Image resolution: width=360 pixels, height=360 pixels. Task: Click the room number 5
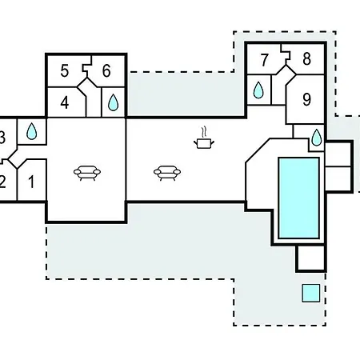(x=65, y=71)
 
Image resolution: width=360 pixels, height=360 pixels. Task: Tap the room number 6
(x=106, y=71)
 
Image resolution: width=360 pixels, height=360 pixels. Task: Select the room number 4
(x=65, y=102)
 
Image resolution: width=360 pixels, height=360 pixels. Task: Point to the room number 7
(x=264, y=60)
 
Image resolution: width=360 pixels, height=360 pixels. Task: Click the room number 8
(x=306, y=59)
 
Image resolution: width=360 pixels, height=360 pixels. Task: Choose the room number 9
(x=306, y=99)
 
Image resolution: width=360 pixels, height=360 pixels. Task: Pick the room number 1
(x=31, y=182)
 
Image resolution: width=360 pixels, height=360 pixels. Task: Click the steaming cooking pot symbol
(x=204, y=138)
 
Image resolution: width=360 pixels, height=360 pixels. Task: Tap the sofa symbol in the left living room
(x=87, y=173)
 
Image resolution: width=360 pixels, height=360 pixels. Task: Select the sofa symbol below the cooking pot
(x=167, y=173)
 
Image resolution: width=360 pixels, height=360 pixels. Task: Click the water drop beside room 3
(x=32, y=131)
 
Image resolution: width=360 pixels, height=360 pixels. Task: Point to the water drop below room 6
(x=113, y=102)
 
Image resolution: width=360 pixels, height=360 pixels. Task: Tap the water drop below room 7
(x=258, y=90)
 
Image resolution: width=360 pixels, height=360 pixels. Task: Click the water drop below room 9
(x=317, y=138)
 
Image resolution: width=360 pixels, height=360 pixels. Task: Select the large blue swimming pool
(x=298, y=198)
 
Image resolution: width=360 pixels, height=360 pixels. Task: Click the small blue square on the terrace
(x=311, y=293)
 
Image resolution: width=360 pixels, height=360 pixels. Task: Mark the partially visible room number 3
(x=2, y=138)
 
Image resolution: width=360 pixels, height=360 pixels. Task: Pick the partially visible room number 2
(x=2, y=182)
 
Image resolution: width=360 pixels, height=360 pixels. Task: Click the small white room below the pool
(x=310, y=258)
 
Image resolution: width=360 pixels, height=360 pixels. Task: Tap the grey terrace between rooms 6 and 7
(x=186, y=94)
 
